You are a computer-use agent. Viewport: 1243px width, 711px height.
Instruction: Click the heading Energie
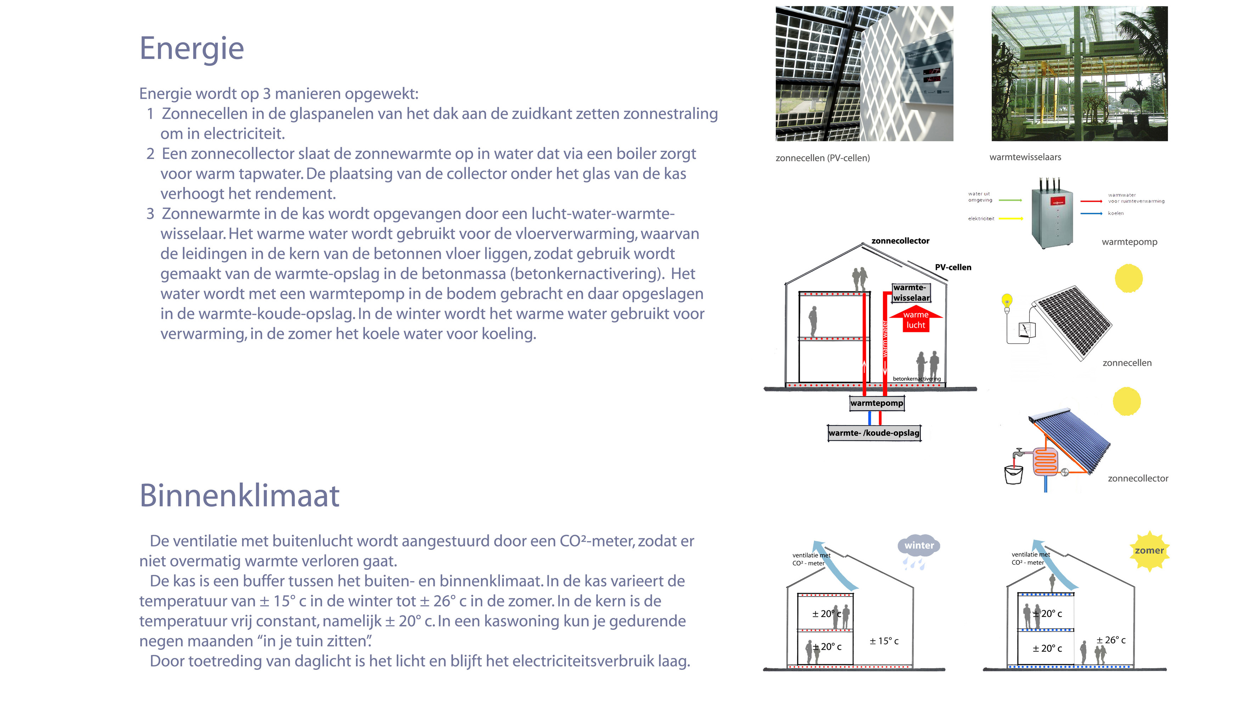pos(192,49)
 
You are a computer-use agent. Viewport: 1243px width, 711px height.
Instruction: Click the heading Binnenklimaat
pos(240,496)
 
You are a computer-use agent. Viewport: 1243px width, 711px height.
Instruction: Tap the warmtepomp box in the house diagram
pos(877,403)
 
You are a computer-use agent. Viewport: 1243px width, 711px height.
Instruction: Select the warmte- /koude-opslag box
pos(874,433)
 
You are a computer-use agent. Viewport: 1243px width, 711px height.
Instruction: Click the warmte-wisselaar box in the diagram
pos(911,293)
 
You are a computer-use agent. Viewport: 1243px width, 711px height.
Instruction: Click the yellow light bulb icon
pos(1007,301)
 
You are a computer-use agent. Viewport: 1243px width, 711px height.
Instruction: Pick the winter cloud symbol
pos(918,547)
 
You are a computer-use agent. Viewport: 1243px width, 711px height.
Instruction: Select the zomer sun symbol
pos(1149,551)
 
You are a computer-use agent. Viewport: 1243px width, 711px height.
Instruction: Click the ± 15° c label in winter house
pos(884,641)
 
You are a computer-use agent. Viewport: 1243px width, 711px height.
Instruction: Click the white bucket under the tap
pos(1013,475)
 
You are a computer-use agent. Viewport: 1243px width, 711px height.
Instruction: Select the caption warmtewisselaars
pos(1025,157)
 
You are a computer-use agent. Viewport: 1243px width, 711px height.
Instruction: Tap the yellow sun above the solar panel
pos(1129,278)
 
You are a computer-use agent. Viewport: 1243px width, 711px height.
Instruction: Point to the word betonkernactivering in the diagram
pos(917,379)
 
